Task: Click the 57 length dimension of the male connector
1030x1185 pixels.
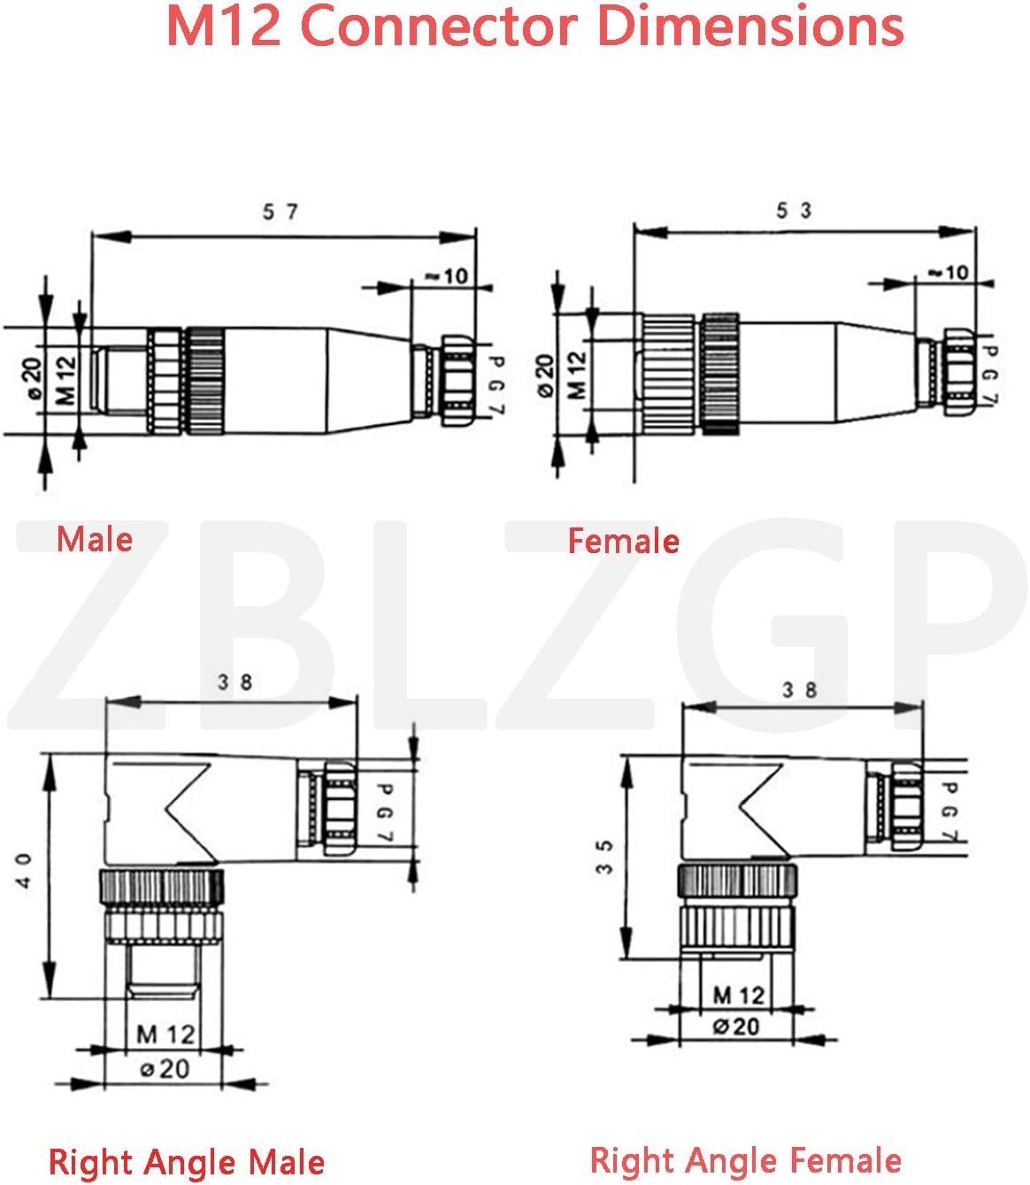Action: (x=280, y=212)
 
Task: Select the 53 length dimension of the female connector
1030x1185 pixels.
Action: (x=794, y=211)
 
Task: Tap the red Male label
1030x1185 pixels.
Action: (x=95, y=539)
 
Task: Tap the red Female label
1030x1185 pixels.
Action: (x=623, y=541)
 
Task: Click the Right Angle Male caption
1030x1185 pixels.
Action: (x=186, y=1162)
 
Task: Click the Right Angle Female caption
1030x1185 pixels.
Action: (x=745, y=1159)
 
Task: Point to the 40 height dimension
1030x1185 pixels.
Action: (x=24, y=871)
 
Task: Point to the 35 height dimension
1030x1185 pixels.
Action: (x=604, y=857)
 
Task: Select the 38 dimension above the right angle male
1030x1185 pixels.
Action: (x=234, y=682)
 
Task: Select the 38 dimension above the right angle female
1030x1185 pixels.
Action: (x=798, y=689)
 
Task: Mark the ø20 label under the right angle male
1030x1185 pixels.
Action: (x=165, y=1069)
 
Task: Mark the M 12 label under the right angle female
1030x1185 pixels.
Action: (x=738, y=996)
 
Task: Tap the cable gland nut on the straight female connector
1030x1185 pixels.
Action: (x=958, y=373)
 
